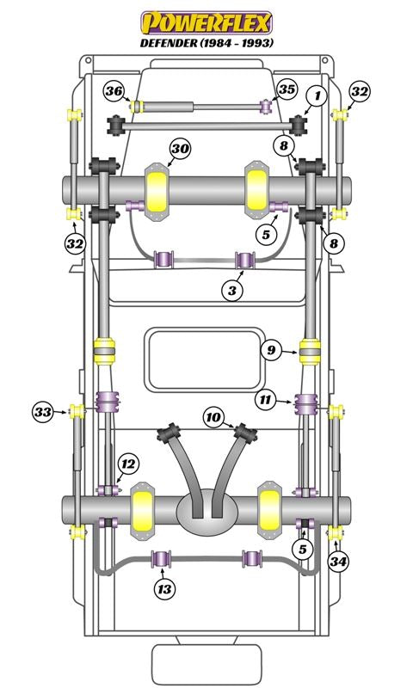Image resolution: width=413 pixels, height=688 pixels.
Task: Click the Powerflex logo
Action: pyautogui.click(x=206, y=23)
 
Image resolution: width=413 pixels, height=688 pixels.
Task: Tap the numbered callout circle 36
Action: pyautogui.click(x=114, y=92)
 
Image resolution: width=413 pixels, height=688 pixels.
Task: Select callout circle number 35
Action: pyautogui.click(x=287, y=89)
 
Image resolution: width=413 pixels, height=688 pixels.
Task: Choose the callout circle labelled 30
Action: pyautogui.click(x=180, y=149)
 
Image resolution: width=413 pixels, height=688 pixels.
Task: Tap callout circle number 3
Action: pyautogui.click(x=232, y=290)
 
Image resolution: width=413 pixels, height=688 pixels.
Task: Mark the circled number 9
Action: pyautogui.click(x=271, y=350)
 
